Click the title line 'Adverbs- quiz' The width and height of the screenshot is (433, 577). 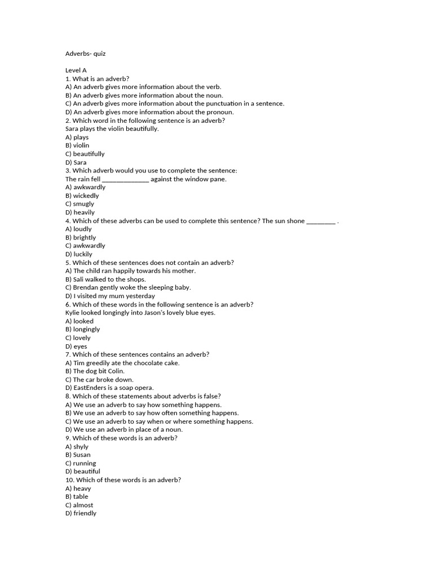pyautogui.click(x=85, y=54)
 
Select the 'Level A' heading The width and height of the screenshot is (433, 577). pyautogui.click(x=76, y=70)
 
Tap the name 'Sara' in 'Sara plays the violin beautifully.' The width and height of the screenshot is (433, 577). pyautogui.click(x=72, y=128)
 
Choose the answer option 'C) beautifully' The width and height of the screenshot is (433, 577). pyautogui.click(x=85, y=154)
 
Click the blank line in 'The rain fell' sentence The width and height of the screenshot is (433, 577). pyautogui.click(x=126, y=179)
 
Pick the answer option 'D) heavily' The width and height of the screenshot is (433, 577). pyautogui.click(x=80, y=212)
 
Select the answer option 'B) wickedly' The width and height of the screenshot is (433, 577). pyautogui.click(x=82, y=196)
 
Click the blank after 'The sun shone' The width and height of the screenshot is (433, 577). pyautogui.click(x=321, y=221)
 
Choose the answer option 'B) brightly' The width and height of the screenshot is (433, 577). pyautogui.click(x=81, y=237)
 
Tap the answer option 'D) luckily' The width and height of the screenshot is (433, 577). pyautogui.click(x=79, y=254)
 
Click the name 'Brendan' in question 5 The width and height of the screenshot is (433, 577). pyautogui.click(x=86, y=287)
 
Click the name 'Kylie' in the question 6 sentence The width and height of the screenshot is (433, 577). pyautogui.click(x=73, y=313)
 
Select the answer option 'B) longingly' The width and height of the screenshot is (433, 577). pyautogui.click(x=83, y=329)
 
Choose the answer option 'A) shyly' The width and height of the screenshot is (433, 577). pyautogui.click(x=77, y=446)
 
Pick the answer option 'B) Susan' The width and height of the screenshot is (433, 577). pyautogui.click(x=78, y=455)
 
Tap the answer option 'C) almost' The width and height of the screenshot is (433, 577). pyautogui.click(x=79, y=505)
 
